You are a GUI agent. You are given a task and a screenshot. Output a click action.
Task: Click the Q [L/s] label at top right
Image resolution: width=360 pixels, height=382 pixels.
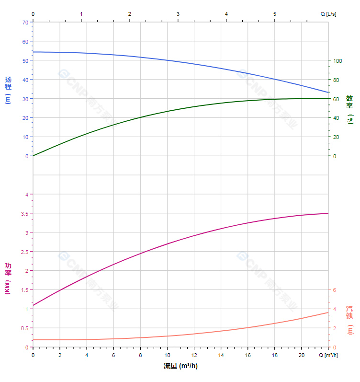(328, 14)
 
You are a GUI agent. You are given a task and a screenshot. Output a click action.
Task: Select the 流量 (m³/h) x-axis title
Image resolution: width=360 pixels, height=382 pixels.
(180, 366)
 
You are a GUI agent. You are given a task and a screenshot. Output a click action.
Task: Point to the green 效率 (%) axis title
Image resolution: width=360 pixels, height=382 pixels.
(349, 109)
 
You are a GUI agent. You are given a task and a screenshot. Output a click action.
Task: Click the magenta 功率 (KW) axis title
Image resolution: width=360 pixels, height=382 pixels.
(8, 278)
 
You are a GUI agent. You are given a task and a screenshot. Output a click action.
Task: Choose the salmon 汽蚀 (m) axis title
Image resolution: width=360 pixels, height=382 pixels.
(350, 320)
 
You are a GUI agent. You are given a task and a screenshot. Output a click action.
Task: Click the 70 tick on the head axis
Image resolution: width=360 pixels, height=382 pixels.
(25, 23)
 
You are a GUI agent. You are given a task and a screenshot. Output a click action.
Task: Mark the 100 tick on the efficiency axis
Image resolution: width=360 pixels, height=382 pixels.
(337, 61)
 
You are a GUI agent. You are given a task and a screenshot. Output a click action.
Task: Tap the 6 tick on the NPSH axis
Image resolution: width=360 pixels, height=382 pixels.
(335, 290)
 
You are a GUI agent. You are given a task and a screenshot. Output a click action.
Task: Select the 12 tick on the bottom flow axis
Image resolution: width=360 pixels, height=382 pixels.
(194, 355)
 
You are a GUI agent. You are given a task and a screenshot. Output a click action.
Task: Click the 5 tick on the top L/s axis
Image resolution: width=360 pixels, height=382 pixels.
(275, 14)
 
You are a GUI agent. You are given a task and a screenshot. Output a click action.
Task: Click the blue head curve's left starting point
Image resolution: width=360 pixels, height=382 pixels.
(33, 52)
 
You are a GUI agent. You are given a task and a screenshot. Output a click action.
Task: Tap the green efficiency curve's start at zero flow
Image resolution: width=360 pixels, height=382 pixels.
(33, 156)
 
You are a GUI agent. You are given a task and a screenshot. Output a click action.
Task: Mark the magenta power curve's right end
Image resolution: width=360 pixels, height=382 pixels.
(328, 213)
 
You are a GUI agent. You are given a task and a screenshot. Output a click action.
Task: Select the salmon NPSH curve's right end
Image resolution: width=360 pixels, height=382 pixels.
(328, 313)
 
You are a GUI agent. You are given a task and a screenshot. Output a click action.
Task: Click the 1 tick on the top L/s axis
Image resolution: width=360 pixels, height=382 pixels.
(81, 14)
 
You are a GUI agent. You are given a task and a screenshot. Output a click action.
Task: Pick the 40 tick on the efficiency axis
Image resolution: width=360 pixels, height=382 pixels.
(336, 118)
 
